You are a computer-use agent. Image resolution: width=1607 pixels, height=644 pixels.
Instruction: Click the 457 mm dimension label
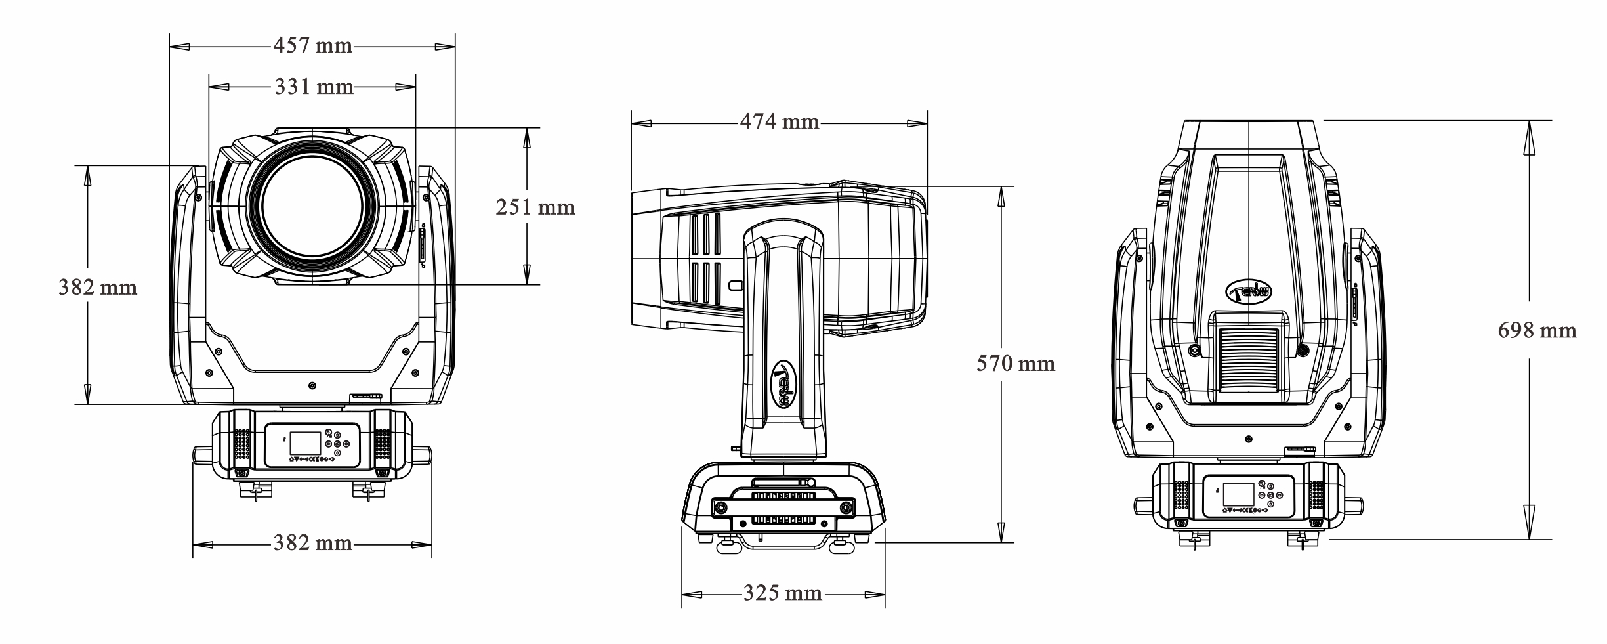pyautogui.click(x=313, y=46)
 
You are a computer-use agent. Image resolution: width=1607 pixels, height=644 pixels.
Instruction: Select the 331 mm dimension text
pyautogui.click(x=314, y=86)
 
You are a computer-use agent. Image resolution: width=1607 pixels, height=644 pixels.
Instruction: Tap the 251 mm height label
pyautogui.click(x=535, y=207)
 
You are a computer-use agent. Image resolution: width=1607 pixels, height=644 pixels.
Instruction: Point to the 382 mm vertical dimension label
pyautogui.click(x=98, y=287)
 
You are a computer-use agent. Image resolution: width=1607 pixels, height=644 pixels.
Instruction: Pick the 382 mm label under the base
pyautogui.click(x=313, y=543)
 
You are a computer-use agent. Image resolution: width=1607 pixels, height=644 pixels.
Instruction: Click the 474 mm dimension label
pyautogui.click(x=780, y=121)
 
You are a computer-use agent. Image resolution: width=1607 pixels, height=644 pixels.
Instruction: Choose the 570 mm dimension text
pyautogui.click(x=1016, y=363)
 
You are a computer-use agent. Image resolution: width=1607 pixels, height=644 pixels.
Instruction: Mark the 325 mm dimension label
pyautogui.click(x=782, y=593)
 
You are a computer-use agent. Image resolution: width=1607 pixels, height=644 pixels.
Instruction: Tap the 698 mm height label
pyautogui.click(x=1537, y=330)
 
